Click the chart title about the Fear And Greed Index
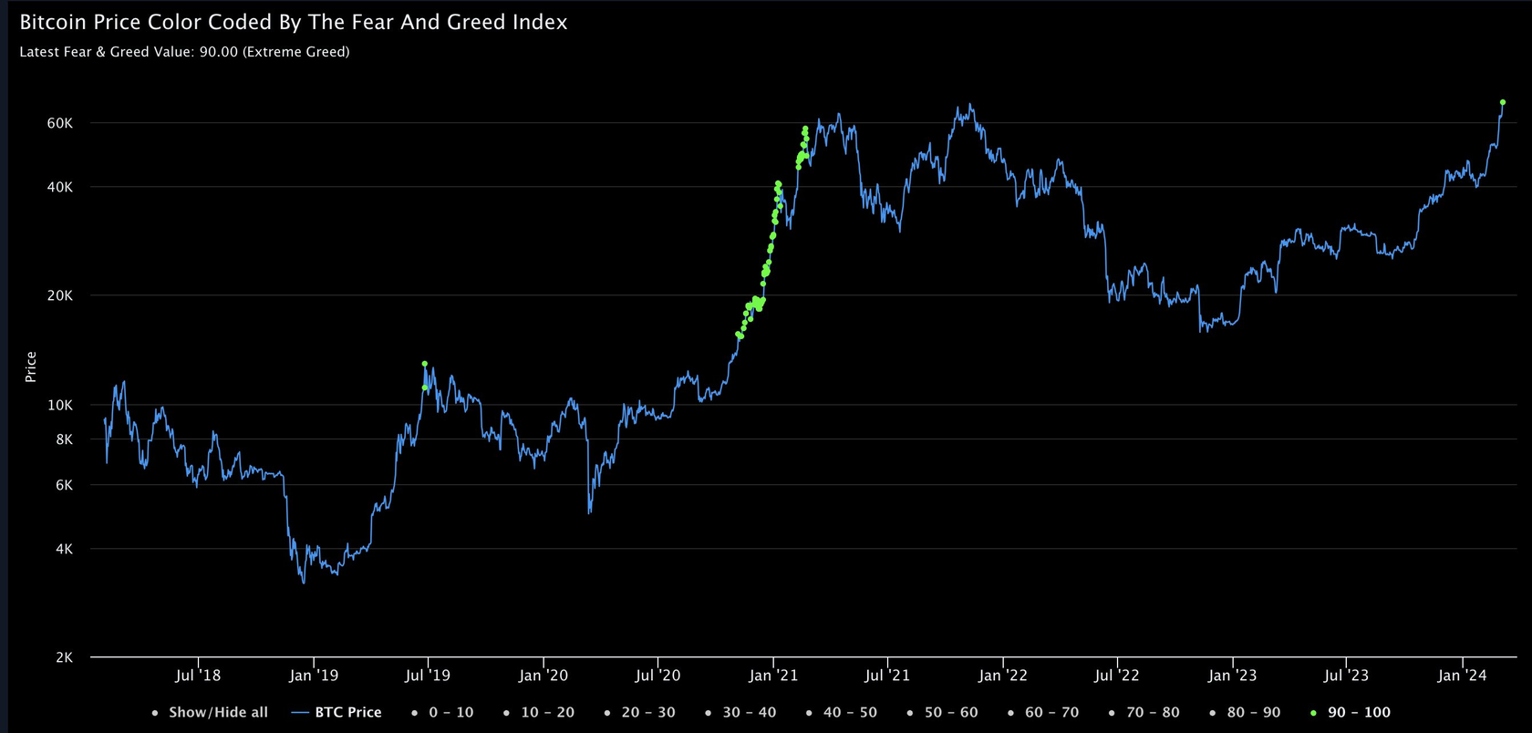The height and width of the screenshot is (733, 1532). [x=294, y=23]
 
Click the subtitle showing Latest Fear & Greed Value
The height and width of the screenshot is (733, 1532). [x=184, y=52]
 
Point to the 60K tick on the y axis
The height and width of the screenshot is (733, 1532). [x=59, y=123]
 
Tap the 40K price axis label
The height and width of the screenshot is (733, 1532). [x=59, y=187]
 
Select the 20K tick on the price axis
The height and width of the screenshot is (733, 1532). [x=59, y=295]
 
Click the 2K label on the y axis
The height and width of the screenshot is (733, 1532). [x=64, y=657]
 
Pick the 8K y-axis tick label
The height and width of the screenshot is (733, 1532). [x=64, y=439]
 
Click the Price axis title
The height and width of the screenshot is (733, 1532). [x=31, y=366]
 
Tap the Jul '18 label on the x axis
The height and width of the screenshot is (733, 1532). [x=198, y=676]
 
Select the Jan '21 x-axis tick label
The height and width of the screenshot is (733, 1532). [x=773, y=676]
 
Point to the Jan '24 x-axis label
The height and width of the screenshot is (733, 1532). [x=1462, y=676]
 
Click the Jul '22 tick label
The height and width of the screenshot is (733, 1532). [x=1117, y=676]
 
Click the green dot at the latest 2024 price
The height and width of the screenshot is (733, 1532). [x=1502, y=103]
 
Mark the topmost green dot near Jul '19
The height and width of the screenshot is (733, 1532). [x=425, y=364]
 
